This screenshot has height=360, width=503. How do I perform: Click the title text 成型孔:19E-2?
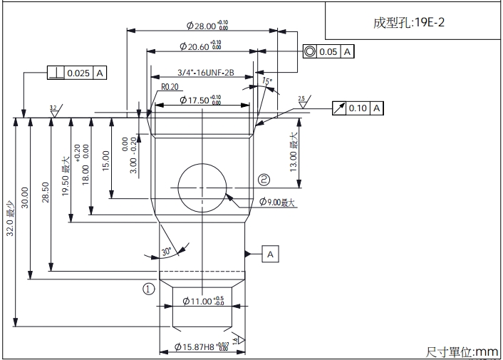410,22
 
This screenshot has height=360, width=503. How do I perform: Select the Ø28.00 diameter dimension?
207,26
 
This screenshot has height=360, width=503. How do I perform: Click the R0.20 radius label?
170,87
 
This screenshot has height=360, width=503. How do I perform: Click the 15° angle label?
267,82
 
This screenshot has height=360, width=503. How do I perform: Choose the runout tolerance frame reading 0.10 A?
358,108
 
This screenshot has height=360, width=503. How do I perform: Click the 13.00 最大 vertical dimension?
293,150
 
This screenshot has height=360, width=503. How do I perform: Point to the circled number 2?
264,179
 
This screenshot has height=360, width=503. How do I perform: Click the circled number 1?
148,289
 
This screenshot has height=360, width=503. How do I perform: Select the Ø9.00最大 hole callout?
277,202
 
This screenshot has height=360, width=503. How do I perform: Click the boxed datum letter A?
271,254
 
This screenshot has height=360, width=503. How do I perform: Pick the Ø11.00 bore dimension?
203,302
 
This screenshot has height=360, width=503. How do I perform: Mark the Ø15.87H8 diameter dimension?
203,347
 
